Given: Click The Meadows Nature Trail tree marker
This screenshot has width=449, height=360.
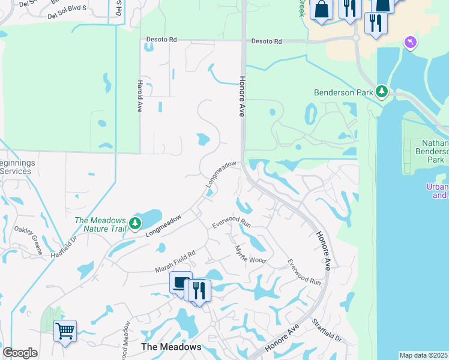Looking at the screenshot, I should click(x=135, y=224).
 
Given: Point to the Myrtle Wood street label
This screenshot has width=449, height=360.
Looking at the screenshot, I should click(x=250, y=254).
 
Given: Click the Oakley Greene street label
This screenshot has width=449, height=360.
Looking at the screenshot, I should click(x=28, y=243).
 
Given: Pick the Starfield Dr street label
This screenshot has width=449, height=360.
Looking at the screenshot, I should click(x=326, y=330).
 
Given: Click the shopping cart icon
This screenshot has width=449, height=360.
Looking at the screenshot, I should click(x=64, y=330).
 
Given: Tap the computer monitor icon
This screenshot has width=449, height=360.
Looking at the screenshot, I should click(x=180, y=282).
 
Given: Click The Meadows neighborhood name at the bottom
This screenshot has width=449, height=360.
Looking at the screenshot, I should click(x=170, y=347).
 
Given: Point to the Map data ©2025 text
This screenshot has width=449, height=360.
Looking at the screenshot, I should click(x=423, y=355).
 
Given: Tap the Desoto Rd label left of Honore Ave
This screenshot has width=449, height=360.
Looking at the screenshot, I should click(x=161, y=39).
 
